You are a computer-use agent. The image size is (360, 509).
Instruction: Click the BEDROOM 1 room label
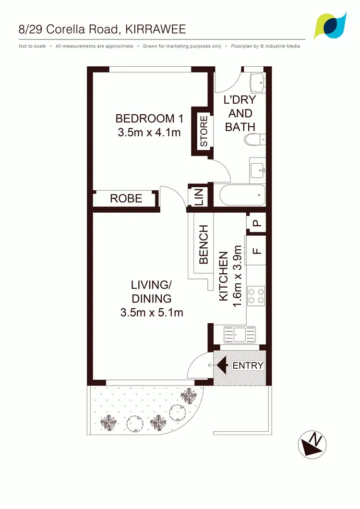point(145,118)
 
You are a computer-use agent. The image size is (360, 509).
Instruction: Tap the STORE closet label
point(204,131)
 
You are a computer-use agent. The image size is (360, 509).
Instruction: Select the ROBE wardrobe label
point(126,198)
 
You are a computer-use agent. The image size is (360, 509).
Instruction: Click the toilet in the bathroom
point(253,140)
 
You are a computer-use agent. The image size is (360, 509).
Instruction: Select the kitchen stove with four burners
point(256,295)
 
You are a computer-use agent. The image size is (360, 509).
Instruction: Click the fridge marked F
point(255,250)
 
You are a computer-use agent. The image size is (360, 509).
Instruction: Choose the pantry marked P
point(256,223)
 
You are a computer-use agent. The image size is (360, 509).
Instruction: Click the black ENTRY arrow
point(222,365)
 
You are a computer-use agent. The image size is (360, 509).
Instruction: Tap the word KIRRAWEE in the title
point(155,30)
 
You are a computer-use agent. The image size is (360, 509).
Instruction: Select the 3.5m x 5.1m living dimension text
point(152,313)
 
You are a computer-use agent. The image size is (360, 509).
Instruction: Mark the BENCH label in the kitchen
point(204,244)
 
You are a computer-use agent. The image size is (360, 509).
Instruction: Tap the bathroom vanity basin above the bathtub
point(257,170)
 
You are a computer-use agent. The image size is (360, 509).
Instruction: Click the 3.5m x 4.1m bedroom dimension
point(149,132)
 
